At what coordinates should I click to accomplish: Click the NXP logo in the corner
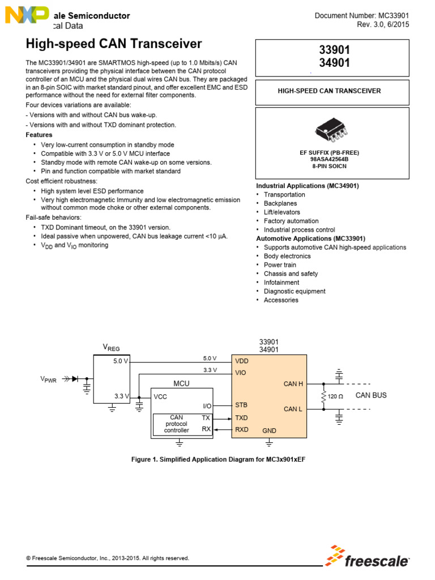(26, 15)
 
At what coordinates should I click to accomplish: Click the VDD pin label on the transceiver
(242, 360)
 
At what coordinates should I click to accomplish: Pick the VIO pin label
(241, 373)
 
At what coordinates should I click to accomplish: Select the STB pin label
(242, 405)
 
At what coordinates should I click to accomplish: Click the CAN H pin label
(293, 384)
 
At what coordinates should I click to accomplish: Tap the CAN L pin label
(293, 409)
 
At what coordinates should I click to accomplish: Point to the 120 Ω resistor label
(335, 396)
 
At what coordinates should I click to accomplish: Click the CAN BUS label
(371, 395)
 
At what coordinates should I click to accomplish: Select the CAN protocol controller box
(176, 424)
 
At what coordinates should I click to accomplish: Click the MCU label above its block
(181, 383)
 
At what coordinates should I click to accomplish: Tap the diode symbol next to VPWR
(75, 378)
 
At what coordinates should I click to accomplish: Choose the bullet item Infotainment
(282, 283)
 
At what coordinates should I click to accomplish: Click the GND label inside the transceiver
(270, 431)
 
